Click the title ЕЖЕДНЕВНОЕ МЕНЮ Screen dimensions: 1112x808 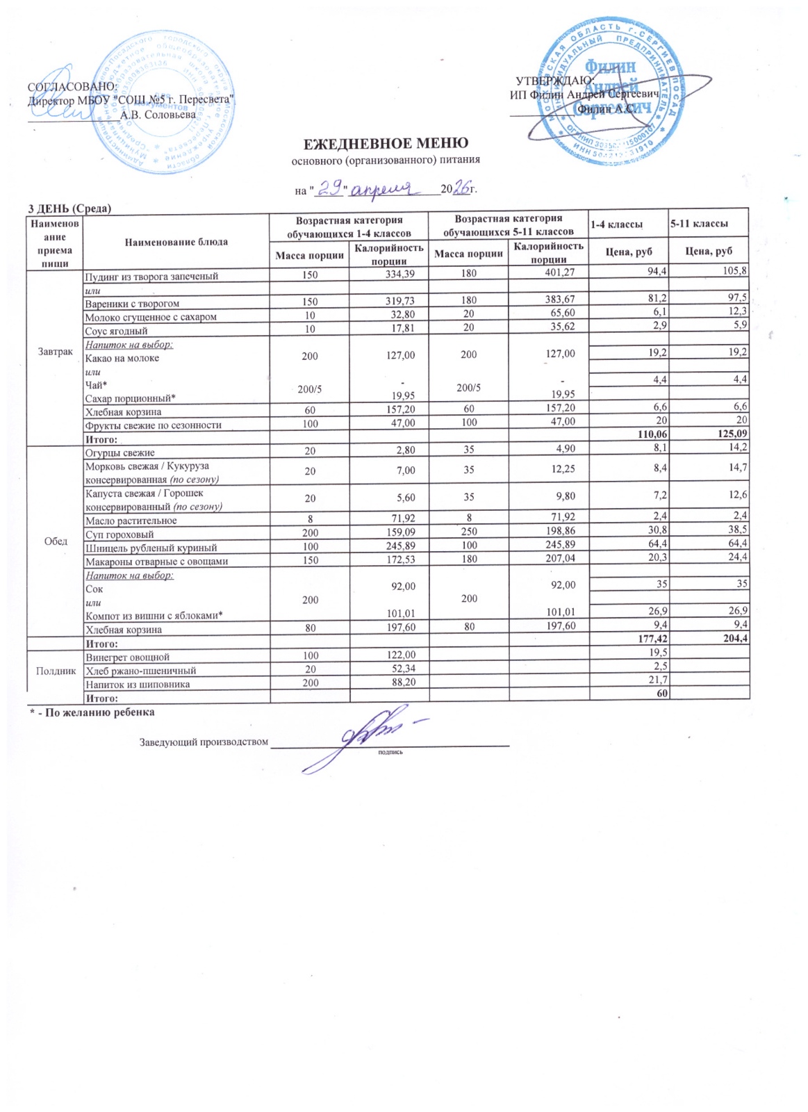[386, 144]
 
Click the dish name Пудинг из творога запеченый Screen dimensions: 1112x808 [151, 276]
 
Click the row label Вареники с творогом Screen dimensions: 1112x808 [132, 303]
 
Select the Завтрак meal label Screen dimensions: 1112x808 [55, 351]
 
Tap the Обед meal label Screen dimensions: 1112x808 [56, 541]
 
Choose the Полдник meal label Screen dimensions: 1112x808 [56, 671]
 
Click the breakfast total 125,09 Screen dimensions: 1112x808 [732, 434]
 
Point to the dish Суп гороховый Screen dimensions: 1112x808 [119, 534]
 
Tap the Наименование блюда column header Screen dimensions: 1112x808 [176, 242]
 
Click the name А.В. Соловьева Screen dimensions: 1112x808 [158, 115]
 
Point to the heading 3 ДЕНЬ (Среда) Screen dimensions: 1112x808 [69, 208]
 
